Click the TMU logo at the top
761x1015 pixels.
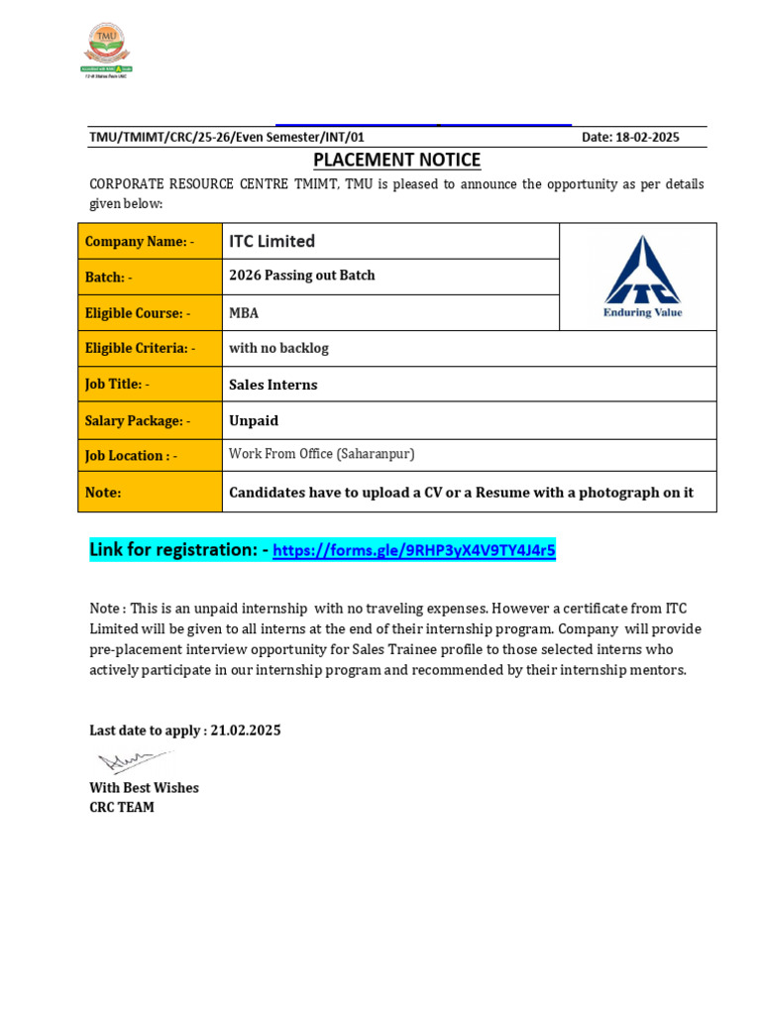click(106, 50)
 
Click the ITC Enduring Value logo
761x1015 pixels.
click(643, 277)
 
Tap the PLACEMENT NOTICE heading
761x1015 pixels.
click(396, 160)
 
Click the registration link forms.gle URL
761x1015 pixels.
click(414, 551)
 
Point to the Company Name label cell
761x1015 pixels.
click(150, 241)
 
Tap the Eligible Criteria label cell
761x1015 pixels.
click(150, 348)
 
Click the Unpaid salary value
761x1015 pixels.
click(254, 420)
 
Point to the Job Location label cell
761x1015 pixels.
click(150, 455)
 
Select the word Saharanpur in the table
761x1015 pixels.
click(375, 454)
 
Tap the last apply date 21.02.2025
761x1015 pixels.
click(246, 731)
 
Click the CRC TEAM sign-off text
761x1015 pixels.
click(122, 807)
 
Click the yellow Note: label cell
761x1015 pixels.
click(150, 492)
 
